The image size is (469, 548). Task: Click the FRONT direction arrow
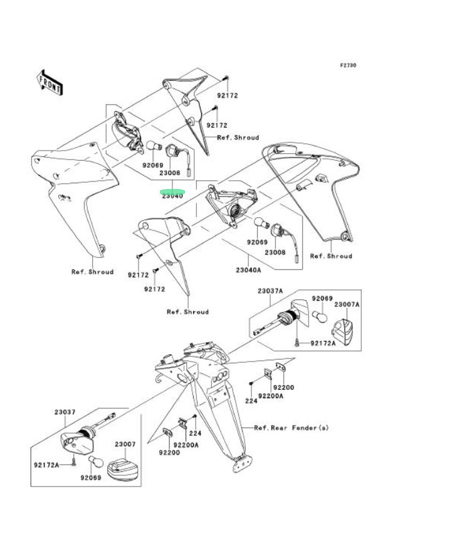pos(50,82)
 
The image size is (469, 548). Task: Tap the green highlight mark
pos(172,191)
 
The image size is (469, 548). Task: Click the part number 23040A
pos(249,271)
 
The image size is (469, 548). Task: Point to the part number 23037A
pos(270,291)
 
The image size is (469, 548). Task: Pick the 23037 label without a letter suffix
pos(65,412)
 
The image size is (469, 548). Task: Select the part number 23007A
pos(347,304)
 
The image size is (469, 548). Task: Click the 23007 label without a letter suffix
pos(125,444)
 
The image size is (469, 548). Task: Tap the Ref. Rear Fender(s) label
pos(291,428)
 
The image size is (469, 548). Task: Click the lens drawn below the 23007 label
pos(123,468)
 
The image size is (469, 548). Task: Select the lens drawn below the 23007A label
pos(343,330)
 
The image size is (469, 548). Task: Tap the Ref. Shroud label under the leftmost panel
pos(92,272)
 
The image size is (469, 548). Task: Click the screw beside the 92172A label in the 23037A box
pos(295,343)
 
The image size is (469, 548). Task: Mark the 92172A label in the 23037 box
pos(46,465)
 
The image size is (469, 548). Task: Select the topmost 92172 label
pos(228,96)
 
